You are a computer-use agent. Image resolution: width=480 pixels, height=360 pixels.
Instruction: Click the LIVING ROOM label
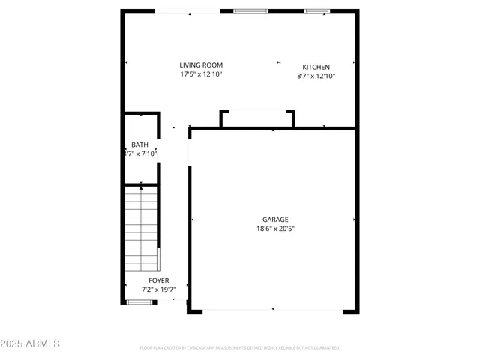click(200, 65)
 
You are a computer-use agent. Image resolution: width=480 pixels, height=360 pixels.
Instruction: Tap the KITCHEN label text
click(316, 67)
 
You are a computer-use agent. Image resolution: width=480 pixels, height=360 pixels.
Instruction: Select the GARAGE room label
click(275, 220)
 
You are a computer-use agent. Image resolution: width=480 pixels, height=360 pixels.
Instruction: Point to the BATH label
click(139, 145)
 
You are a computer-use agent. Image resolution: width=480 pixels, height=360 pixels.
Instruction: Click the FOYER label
click(158, 280)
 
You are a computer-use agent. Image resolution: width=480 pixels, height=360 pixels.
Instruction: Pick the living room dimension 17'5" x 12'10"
click(200, 74)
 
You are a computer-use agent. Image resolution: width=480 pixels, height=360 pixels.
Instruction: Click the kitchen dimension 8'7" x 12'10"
click(316, 76)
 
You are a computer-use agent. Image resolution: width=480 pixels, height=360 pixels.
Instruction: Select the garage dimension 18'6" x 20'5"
click(275, 229)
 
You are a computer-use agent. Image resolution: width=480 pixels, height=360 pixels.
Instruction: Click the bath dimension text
click(140, 154)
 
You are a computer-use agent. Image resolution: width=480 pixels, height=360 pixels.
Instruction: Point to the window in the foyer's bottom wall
click(139, 301)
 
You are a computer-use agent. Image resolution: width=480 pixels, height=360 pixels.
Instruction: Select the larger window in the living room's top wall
click(250, 11)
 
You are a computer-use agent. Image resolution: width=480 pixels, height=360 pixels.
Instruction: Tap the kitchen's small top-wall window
click(316, 11)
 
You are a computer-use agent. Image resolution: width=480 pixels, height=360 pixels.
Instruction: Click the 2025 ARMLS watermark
click(31, 343)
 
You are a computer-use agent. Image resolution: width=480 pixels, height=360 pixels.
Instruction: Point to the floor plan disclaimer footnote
click(240, 347)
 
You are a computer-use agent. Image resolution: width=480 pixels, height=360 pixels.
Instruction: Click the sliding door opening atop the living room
click(187, 11)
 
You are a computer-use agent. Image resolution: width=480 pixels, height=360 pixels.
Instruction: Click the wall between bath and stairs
click(141, 184)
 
